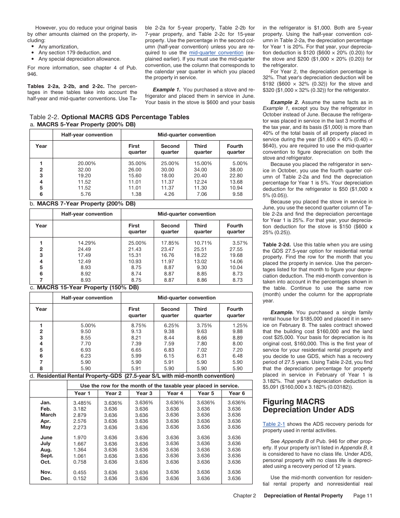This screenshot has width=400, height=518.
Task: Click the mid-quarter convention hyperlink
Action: (216, 53)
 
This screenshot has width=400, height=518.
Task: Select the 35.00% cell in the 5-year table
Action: (137, 163)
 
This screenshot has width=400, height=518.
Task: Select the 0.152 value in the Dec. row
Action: (80, 478)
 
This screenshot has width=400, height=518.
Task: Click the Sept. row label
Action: (47, 456)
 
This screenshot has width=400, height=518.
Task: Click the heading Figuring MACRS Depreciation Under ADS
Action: (308, 406)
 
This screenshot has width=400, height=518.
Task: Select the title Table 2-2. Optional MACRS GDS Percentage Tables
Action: (109, 117)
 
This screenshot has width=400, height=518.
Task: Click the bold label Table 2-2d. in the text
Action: (277, 245)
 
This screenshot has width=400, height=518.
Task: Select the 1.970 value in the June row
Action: (80, 438)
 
